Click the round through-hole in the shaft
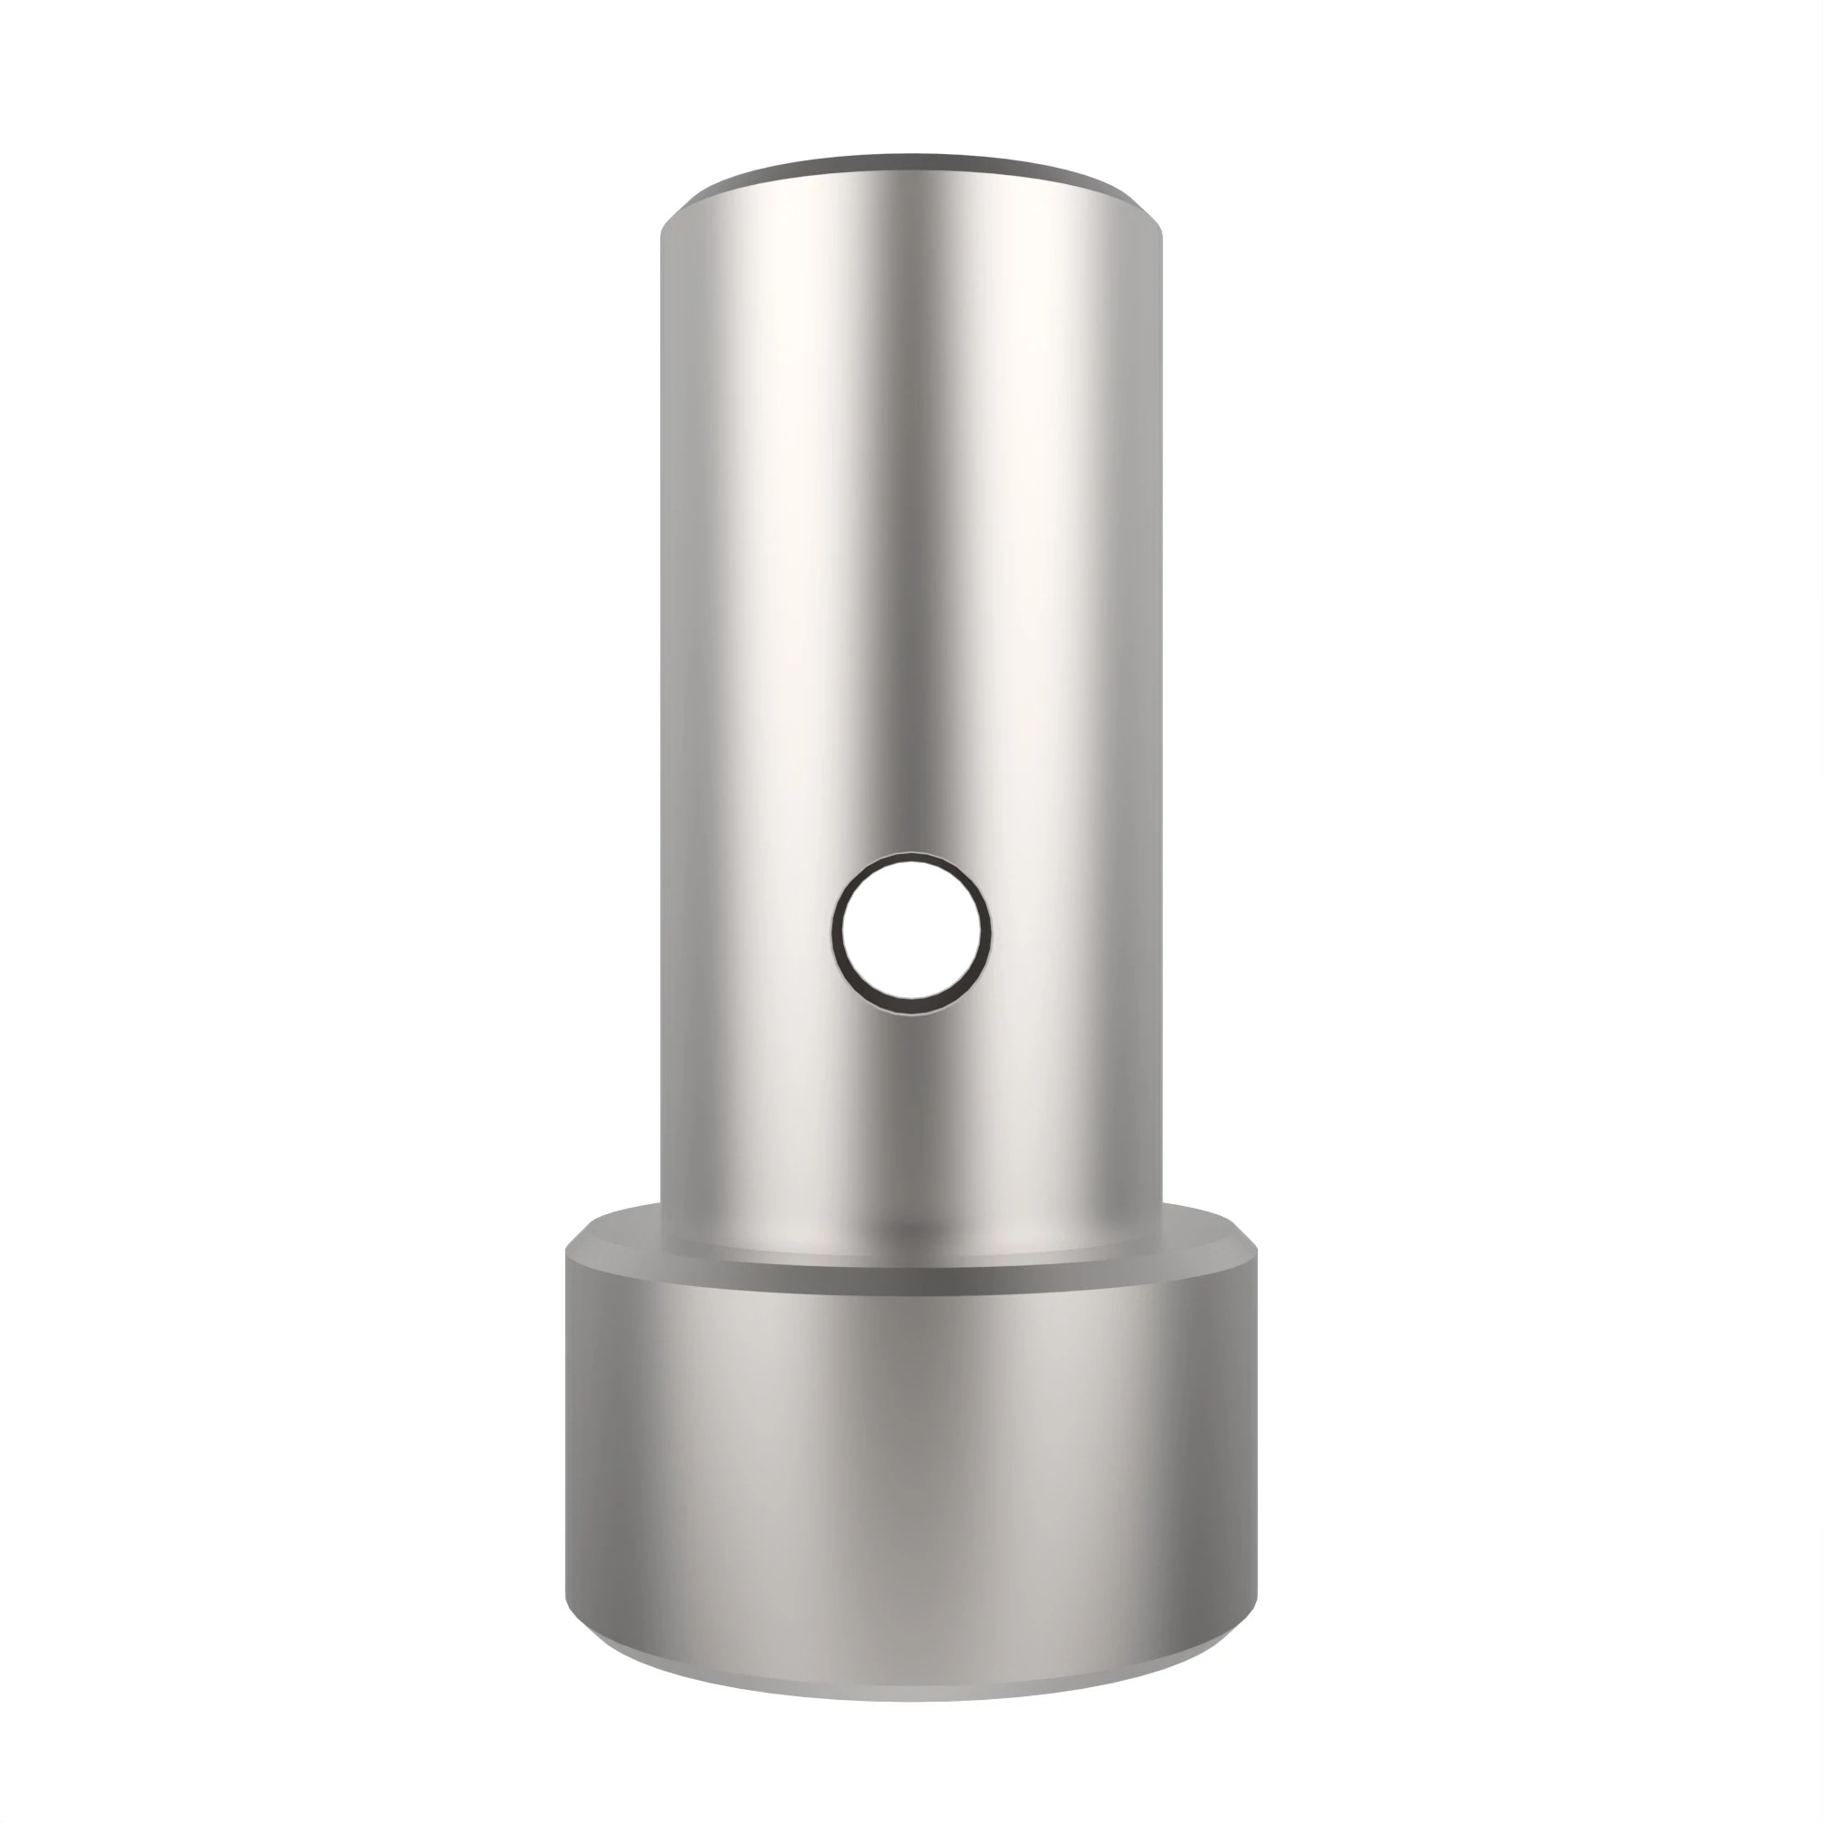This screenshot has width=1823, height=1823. (x=911, y=933)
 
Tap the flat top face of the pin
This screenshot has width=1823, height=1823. (x=911, y=168)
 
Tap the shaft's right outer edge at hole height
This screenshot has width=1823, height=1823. (x=1160, y=933)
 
